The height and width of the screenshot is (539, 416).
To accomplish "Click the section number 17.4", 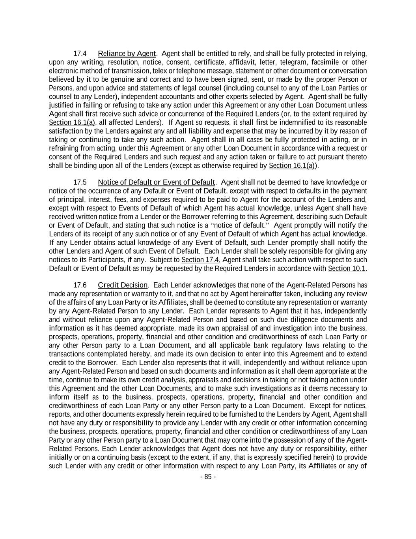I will [80, 54].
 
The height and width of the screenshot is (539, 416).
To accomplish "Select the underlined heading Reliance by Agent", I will [127, 54].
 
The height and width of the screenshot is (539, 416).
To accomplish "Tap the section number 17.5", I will [80, 182].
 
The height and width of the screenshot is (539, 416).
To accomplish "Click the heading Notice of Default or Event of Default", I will [157, 182].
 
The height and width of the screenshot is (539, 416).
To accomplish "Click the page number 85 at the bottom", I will [208, 477].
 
